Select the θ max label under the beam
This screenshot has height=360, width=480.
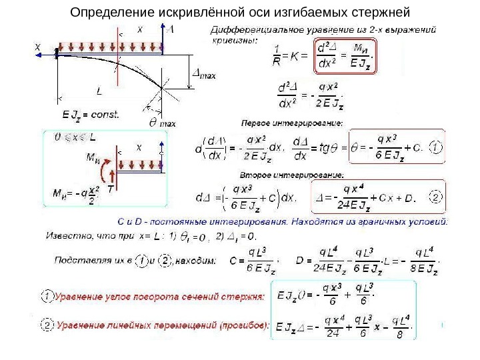(x=161, y=123)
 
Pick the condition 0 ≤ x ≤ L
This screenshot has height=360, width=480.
(x=71, y=135)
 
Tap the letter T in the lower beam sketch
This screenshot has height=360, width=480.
(x=111, y=189)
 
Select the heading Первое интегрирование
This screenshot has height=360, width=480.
(x=291, y=123)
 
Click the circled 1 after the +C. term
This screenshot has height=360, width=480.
(x=435, y=147)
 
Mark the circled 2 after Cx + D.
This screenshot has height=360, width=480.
(x=435, y=198)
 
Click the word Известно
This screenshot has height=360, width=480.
(x=67, y=235)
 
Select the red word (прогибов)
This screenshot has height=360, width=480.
(x=244, y=325)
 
